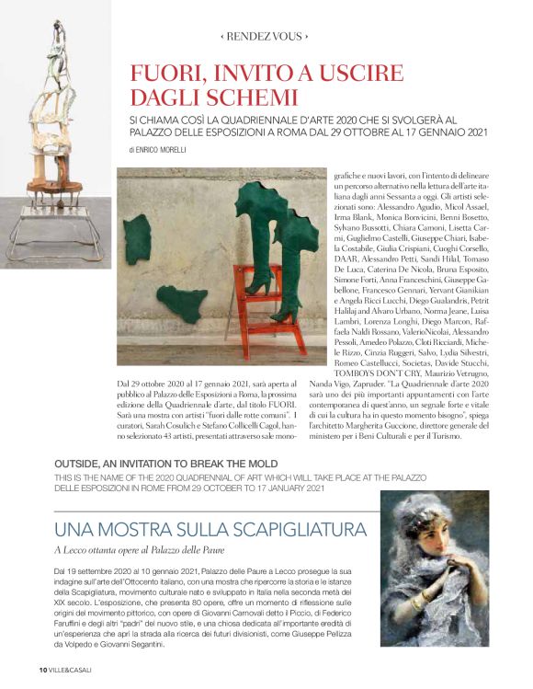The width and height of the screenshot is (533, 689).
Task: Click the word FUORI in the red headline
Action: click(167, 74)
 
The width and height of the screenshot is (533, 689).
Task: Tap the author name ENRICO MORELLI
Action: click(170, 149)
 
